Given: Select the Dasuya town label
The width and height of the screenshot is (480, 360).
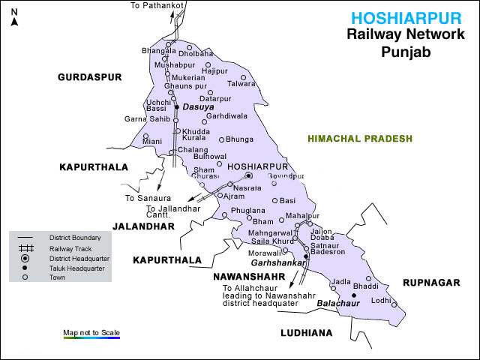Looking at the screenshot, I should pos(198,107).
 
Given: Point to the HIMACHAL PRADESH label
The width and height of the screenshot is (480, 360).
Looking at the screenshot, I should pos(360,139).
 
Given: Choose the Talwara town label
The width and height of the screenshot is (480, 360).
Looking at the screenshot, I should pos(241,84).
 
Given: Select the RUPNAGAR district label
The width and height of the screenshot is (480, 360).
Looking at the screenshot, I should pos(432,283).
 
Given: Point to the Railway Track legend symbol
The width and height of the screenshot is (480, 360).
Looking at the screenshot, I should pos(25,248).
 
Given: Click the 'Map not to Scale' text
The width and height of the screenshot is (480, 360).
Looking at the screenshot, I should pos(91,332).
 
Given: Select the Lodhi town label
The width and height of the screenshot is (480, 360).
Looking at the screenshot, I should pos(381,300).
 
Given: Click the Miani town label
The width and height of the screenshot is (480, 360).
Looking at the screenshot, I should pos(151,141).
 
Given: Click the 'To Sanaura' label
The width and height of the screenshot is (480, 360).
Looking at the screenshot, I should pos(143,198).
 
